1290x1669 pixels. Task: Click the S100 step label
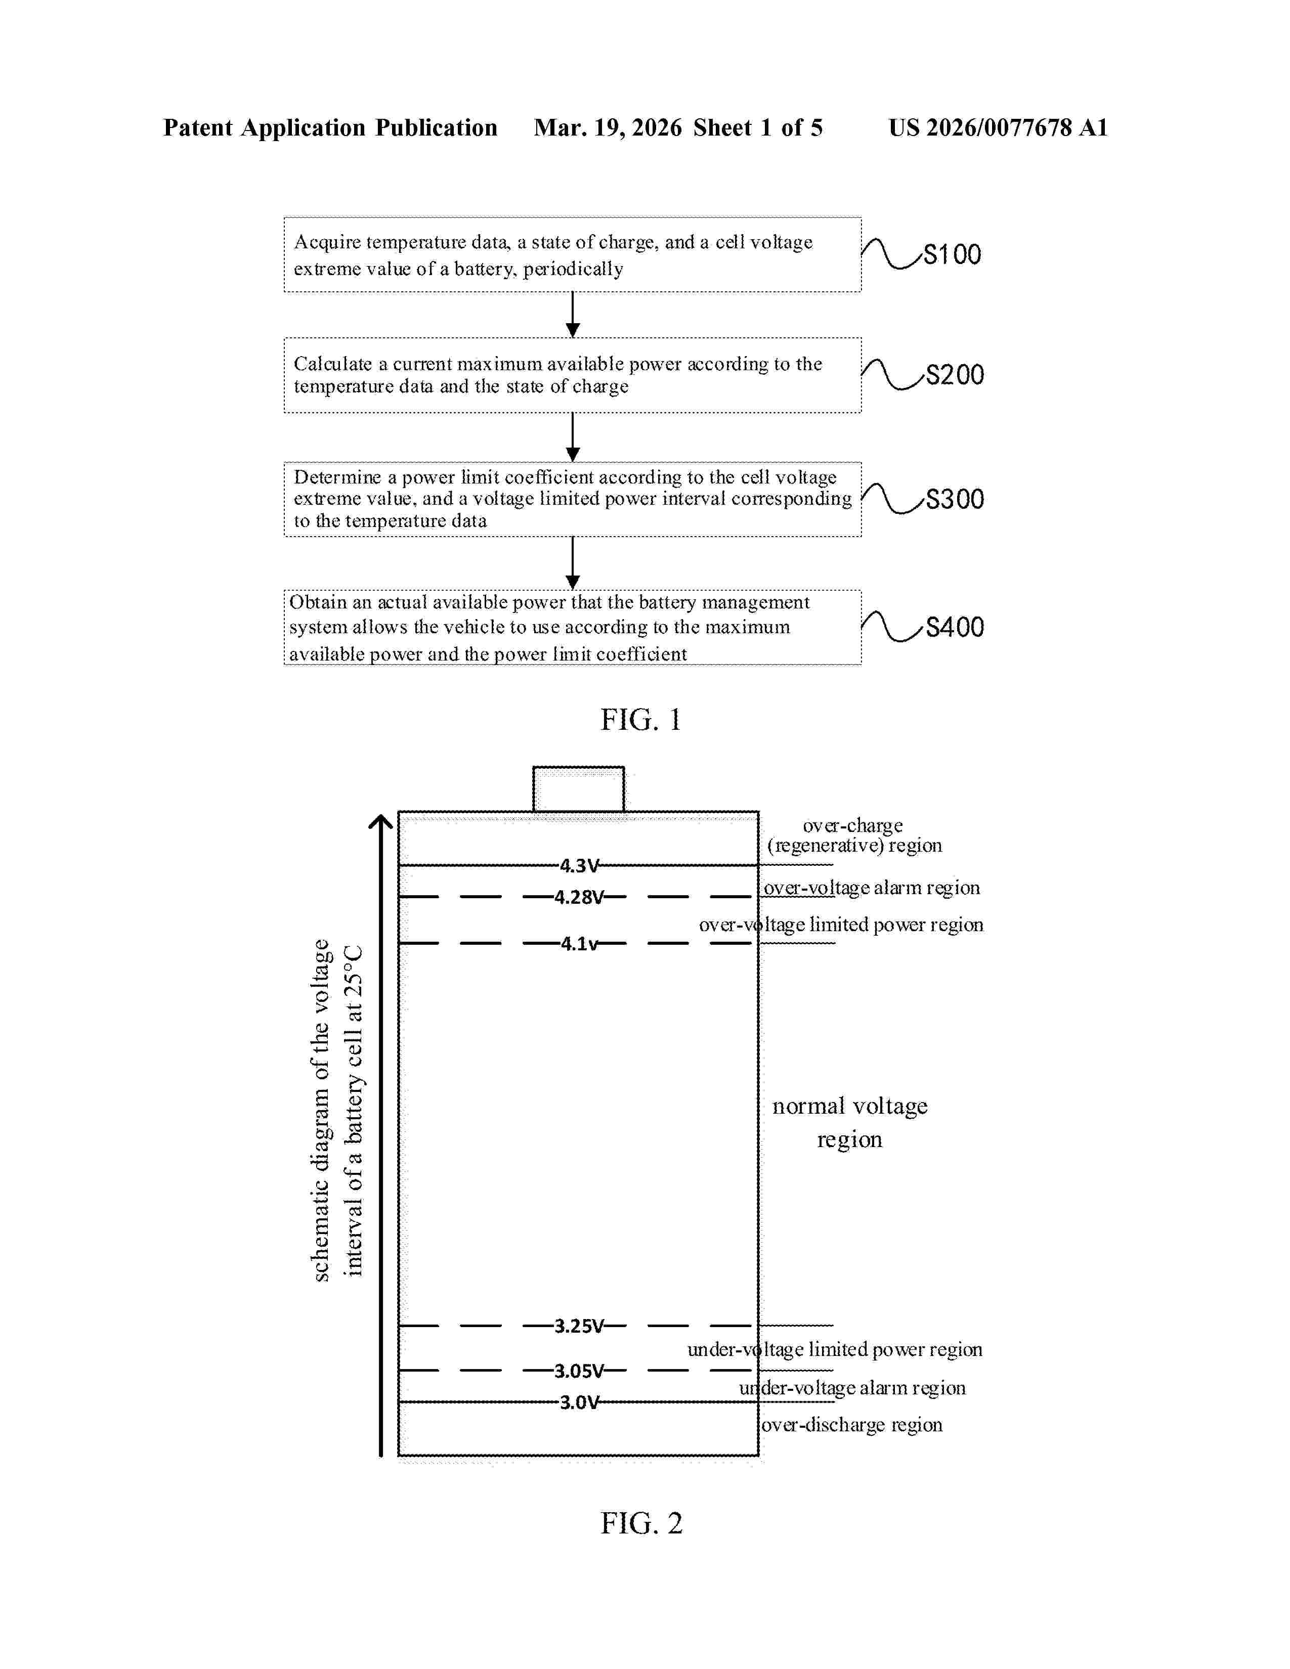pyautogui.click(x=952, y=254)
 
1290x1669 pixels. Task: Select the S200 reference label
pyautogui.click(x=955, y=374)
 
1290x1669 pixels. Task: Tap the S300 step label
pyautogui.click(x=955, y=499)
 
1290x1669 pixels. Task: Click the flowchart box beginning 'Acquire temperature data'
pyautogui.click(x=572, y=254)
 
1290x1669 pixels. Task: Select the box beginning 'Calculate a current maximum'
pyautogui.click(x=572, y=375)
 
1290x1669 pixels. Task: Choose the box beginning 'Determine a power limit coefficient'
pyautogui.click(x=572, y=499)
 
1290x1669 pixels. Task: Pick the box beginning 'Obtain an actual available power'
pyautogui.click(x=572, y=628)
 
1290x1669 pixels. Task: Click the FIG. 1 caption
pyautogui.click(x=640, y=720)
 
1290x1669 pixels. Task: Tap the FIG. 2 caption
pyautogui.click(x=641, y=1523)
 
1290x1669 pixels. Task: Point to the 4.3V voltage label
pyautogui.click(x=579, y=866)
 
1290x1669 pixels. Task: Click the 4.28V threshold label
pyautogui.click(x=579, y=897)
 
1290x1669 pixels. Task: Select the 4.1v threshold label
pyautogui.click(x=579, y=944)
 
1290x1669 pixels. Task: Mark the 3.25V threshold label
pyautogui.click(x=579, y=1326)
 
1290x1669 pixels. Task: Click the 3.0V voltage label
pyautogui.click(x=579, y=1402)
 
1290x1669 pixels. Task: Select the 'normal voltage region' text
pyautogui.click(x=849, y=1122)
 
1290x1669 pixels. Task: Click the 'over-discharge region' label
pyautogui.click(x=851, y=1424)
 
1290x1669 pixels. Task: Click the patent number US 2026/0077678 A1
pyautogui.click(x=997, y=127)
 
